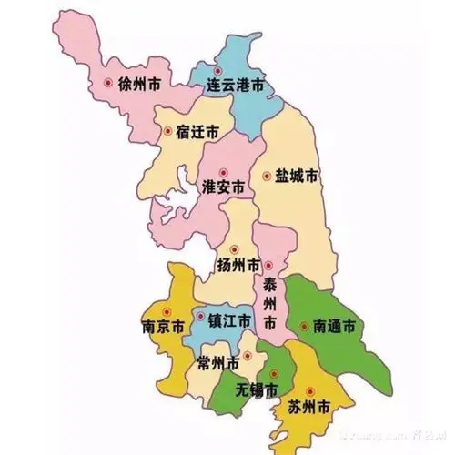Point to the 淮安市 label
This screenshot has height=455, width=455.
(223, 187)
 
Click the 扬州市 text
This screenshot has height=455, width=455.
(238, 265)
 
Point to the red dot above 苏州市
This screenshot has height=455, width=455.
(309, 387)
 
